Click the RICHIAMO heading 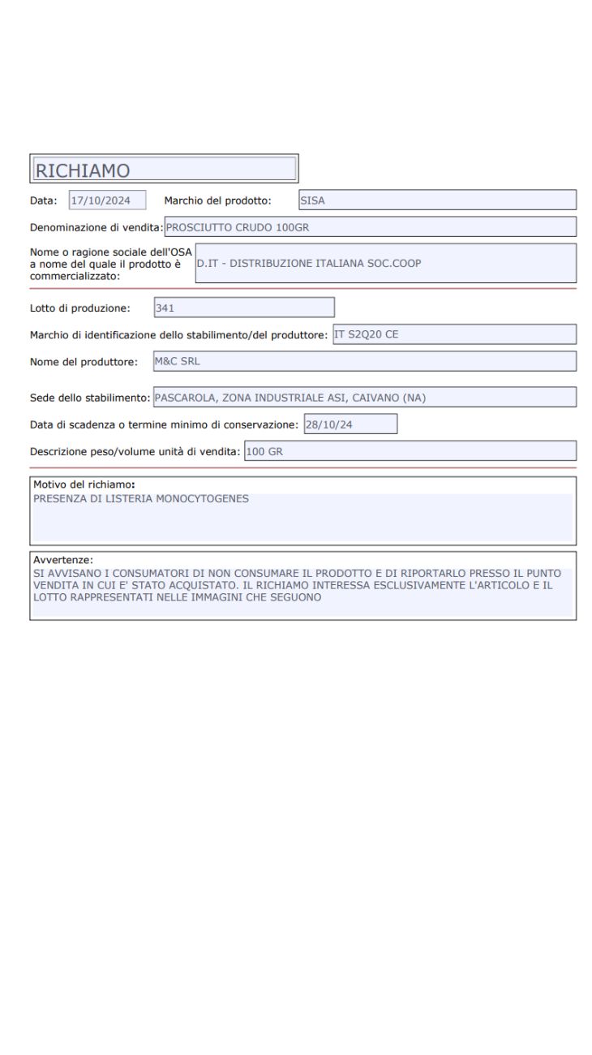pyautogui.click(x=83, y=170)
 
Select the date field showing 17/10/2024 pyautogui.click(x=107, y=200)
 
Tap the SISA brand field pyautogui.click(x=436, y=200)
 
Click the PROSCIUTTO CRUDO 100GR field pyautogui.click(x=370, y=227)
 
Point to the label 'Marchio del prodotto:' pyautogui.click(x=217, y=200)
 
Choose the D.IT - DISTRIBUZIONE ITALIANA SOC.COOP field pyautogui.click(x=385, y=263)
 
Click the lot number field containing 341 pyautogui.click(x=243, y=308)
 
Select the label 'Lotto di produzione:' pyautogui.click(x=80, y=308)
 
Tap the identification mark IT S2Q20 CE pyautogui.click(x=454, y=334)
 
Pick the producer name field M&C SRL pyautogui.click(x=364, y=361)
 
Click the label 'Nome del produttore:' pyautogui.click(x=84, y=362)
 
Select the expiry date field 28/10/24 pyautogui.click(x=350, y=424)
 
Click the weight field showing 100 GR pyautogui.click(x=410, y=451)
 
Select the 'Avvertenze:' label pyautogui.click(x=63, y=560)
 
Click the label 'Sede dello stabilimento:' pyautogui.click(x=90, y=398)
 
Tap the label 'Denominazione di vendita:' pyautogui.click(x=97, y=228)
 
